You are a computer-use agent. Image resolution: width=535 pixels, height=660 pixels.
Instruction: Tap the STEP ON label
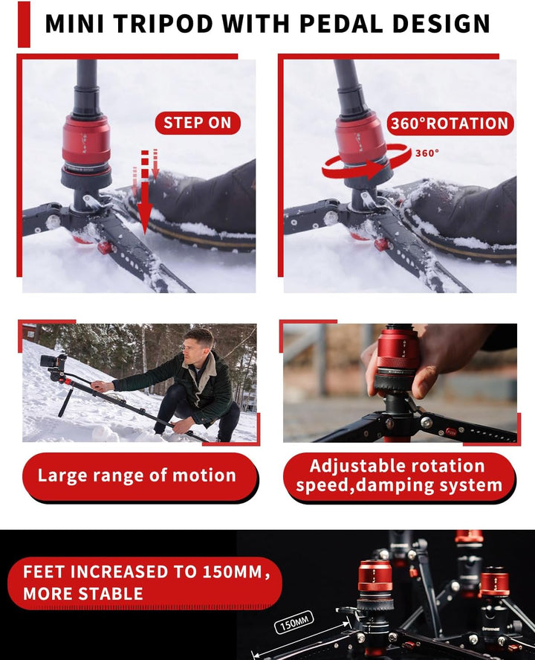pos(197,124)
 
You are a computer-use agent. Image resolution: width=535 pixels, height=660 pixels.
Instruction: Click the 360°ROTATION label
pos(450,124)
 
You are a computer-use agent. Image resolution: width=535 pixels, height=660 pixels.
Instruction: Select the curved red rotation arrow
pos(365,167)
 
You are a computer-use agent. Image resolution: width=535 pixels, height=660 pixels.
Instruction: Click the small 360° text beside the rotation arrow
pos(427,153)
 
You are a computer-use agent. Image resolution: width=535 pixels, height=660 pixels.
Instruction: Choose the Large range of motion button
pos(137,476)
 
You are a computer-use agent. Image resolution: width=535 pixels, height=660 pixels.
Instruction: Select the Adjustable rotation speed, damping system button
pos(399,476)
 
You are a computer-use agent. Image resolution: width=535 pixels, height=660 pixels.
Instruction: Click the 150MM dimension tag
pos(294,622)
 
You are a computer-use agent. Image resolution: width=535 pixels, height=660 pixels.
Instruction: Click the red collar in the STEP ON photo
pos(86,141)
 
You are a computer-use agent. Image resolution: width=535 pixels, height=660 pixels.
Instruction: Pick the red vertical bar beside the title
pos(25,24)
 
